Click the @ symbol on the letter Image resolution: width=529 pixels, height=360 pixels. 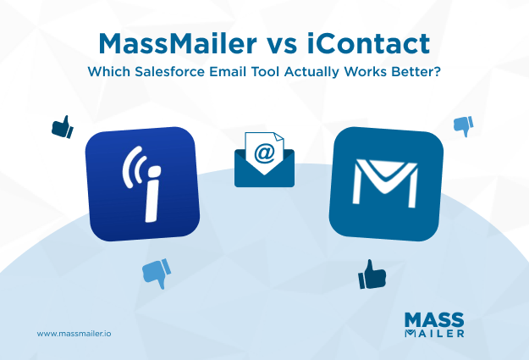tap(265, 152)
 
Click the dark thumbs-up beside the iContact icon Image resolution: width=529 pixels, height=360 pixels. tap(62, 128)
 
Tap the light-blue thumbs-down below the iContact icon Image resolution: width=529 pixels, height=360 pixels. tap(155, 271)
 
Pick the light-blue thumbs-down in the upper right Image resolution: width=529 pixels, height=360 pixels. tap(462, 125)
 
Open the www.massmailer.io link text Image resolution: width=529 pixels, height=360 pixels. tap(74, 333)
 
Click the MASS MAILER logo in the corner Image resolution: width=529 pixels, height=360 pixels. tap(434, 324)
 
